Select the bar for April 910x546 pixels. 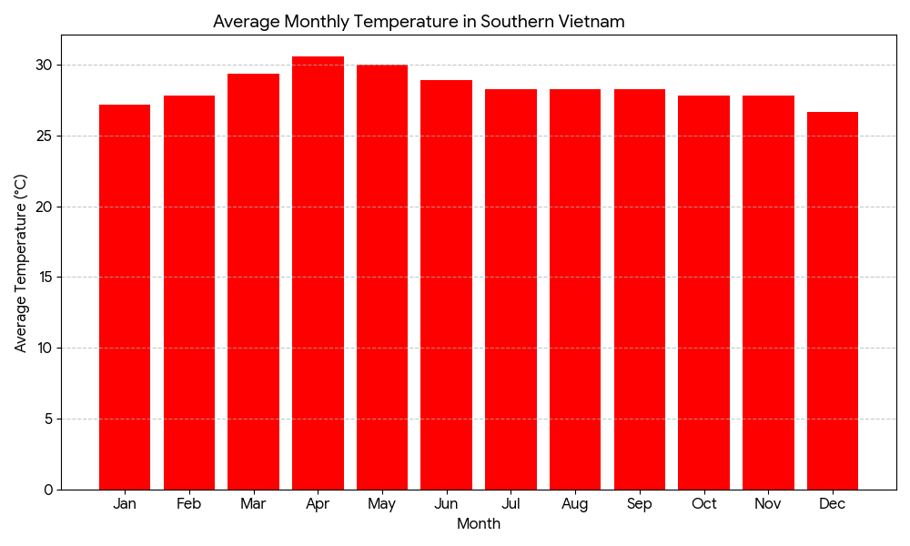318,273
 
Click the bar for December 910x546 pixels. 833,300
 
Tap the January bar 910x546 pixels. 125,297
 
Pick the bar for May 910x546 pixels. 382,278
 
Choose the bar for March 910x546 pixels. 253,282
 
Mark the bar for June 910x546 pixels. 446,285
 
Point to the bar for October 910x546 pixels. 703,292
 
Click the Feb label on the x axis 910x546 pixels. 189,504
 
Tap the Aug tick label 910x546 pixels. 575,504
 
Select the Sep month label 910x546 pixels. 640,504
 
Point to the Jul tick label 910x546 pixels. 511,504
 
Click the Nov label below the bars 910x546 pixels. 768,504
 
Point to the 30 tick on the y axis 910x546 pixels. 45,65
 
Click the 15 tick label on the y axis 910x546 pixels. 45,278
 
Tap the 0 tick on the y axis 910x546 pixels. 48,490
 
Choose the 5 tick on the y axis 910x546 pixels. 48,419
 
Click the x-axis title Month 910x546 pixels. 479,524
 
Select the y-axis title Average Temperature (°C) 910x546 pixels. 21,263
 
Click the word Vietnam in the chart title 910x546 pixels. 592,22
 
